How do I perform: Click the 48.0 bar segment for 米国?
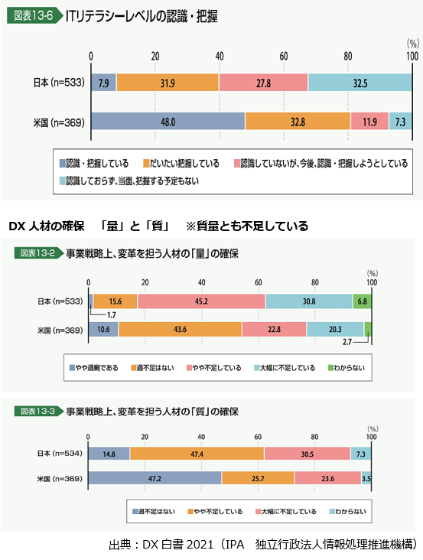[x=168, y=122]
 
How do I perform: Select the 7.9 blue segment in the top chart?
[x=104, y=83]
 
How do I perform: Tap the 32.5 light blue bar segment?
[x=360, y=83]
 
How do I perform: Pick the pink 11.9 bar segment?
[x=369, y=122]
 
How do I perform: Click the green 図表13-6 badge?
[x=34, y=16]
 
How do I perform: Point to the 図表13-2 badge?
[x=38, y=253]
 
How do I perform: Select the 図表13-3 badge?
[x=38, y=411]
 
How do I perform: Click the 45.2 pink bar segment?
[x=201, y=301]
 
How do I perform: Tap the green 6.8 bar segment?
[x=362, y=301]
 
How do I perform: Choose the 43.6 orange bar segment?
[x=181, y=329]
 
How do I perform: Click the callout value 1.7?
[x=112, y=315]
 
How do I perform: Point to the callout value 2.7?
[x=347, y=342]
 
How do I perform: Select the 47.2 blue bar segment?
[x=155, y=478]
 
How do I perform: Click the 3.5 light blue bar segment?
[x=366, y=478]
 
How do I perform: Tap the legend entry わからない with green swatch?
[x=347, y=368]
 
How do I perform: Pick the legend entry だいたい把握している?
[x=181, y=164]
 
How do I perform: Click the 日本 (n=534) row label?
[x=60, y=454]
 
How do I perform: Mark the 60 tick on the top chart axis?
[x=284, y=56]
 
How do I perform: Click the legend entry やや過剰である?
[x=93, y=368]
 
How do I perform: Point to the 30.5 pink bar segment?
[x=307, y=454]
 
